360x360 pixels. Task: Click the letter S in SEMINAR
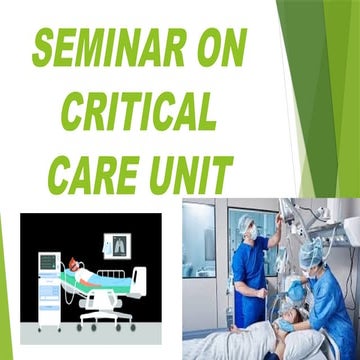pyautogui.click(x=46, y=44)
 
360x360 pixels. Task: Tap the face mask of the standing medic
pyautogui.click(x=251, y=235)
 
